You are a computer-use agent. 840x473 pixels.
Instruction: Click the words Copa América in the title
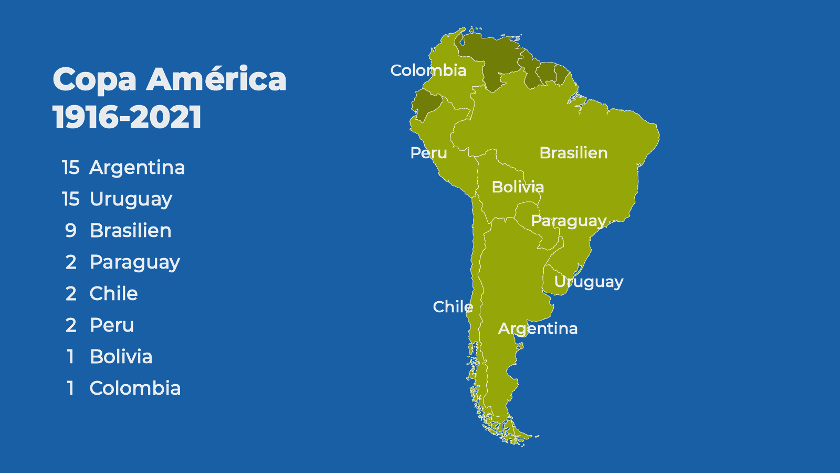[x=170, y=79]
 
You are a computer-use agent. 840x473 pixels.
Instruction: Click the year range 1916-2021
[x=127, y=117]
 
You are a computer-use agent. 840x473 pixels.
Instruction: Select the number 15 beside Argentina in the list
[x=70, y=168]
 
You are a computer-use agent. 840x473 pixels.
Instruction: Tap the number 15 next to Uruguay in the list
[x=70, y=199]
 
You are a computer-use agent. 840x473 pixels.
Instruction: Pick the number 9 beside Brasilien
[x=70, y=231]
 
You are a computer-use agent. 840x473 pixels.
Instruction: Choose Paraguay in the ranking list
[x=135, y=262]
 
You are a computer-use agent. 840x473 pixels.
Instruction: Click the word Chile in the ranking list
[x=113, y=294]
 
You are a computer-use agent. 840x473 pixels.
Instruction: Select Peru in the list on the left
[x=112, y=325]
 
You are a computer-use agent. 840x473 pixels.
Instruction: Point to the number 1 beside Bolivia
[x=70, y=357]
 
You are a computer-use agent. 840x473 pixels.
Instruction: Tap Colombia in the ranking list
[x=135, y=388]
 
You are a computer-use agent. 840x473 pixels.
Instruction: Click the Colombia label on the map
[x=428, y=70]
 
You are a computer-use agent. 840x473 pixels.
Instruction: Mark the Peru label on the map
[x=428, y=153]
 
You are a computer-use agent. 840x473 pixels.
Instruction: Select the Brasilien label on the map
[x=573, y=153]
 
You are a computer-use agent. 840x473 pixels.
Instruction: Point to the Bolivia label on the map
[x=518, y=187]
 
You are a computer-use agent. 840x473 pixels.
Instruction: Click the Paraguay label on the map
[x=569, y=221]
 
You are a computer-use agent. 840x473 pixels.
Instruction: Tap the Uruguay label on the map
[x=589, y=282]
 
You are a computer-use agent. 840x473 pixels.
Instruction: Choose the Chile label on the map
[x=453, y=307]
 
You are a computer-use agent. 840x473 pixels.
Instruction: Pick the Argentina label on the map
[x=538, y=328]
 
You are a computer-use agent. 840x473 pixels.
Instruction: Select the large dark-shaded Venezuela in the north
[x=491, y=58]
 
